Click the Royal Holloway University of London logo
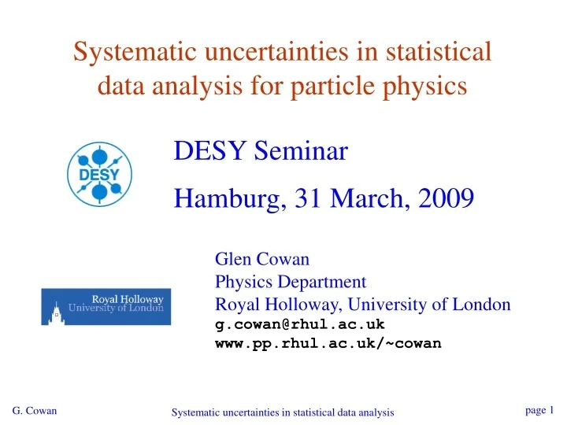pos(106,306)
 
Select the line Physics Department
pos(291,281)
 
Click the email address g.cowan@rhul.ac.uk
pos(300,323)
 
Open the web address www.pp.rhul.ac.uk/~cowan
pos(328,343)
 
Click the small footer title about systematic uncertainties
pos(283,413)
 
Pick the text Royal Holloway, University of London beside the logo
pos(363,304)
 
